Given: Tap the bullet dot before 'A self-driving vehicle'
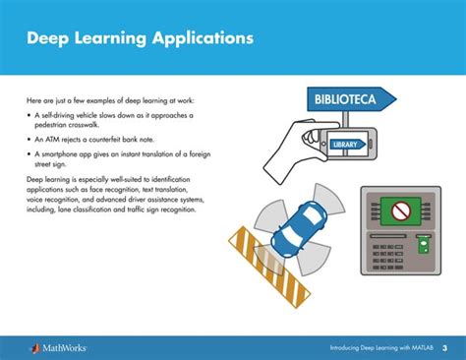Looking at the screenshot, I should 29,116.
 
